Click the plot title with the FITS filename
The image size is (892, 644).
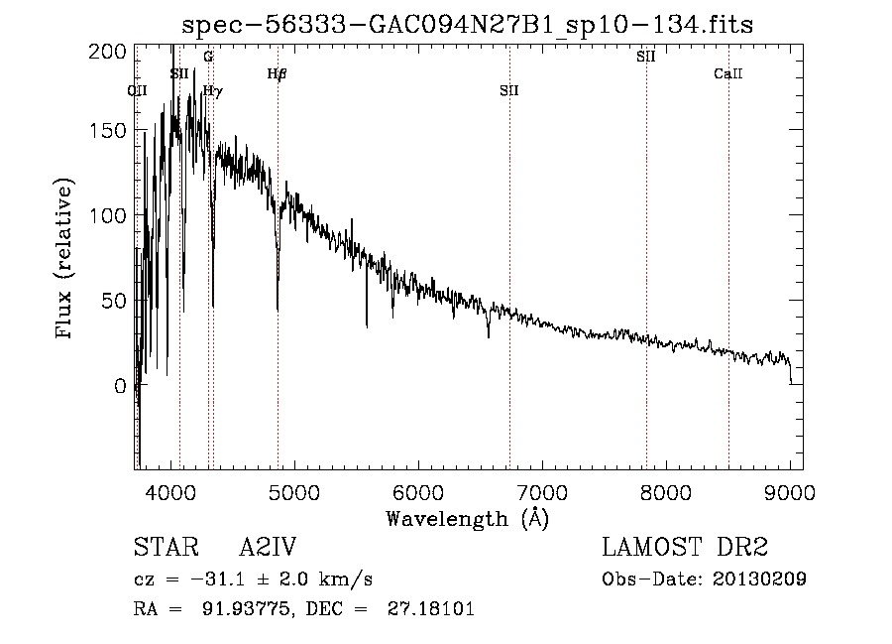tap(469, 25)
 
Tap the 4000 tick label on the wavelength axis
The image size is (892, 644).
tap(172, 493)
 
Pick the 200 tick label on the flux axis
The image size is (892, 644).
tap(114, 51)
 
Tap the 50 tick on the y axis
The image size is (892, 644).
tap(118, 301)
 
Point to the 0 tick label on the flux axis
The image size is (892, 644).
tap(122, 386)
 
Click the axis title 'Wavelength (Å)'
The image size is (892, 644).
tap(468, 519)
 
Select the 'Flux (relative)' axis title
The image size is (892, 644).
tap(66, 260)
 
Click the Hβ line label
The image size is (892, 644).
tap(278, 74)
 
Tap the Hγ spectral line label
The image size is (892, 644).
tap(213, 91)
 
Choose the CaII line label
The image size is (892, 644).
tap(728, 74)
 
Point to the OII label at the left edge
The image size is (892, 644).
tap(138, 91)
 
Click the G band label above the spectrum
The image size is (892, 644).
tap(208, 58)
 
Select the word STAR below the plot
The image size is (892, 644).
tap(166, 548)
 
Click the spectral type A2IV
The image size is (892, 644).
tap(268, 548)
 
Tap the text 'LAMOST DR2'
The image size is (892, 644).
tap(685, 548)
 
